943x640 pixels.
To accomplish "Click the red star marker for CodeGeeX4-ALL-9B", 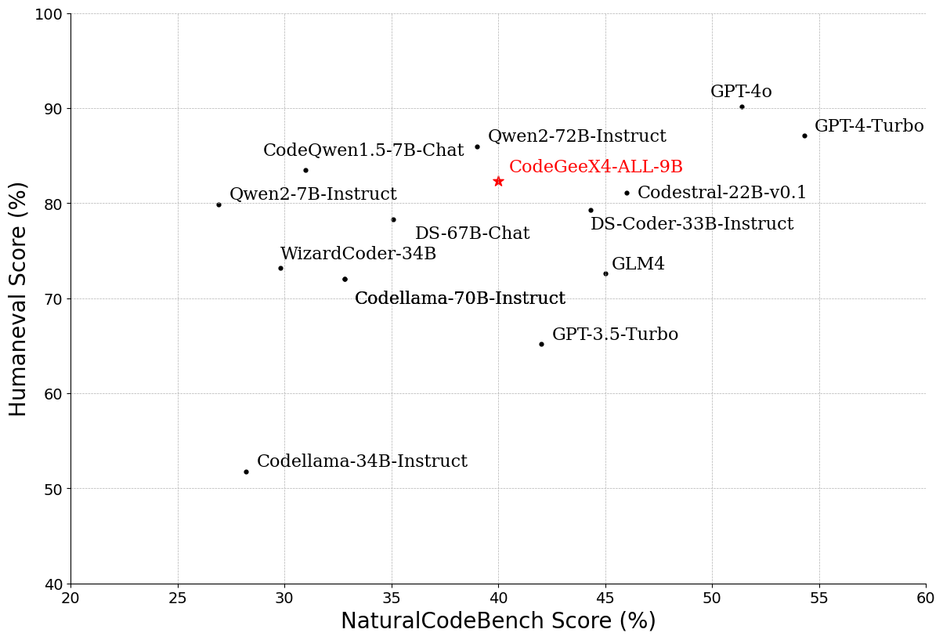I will click(x=498, y=182).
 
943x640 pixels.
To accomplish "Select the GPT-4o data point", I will click(x=742, y=107).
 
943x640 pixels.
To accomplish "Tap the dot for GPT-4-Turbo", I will click(x=804, y=136).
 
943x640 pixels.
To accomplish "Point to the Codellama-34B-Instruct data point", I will click(x=246, y=472).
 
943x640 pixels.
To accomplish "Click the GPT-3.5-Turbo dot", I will click(x=541, y=344).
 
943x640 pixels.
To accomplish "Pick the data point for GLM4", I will click(x=605, y=273).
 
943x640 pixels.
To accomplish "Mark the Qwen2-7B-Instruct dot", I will click(x=219, y=204).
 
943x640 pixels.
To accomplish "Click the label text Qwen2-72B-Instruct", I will click(x=576, y=136).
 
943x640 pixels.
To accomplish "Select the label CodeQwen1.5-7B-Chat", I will click(x=363, y=150).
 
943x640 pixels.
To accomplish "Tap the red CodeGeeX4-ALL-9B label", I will click(x=595, y=167).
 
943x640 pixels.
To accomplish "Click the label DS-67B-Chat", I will click(x=472, y=233).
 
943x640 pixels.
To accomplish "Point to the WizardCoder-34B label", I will click(x=358, y=254).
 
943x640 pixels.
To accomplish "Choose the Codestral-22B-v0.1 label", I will click(x=721, y=193).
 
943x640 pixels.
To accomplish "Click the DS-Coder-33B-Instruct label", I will click(x=692, y=224).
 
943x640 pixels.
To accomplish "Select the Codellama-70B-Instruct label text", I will click(x=460, y=298).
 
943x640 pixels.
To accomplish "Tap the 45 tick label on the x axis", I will click(x=605, y=598).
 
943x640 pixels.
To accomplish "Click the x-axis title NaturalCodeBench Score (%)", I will click(x=498, y=621).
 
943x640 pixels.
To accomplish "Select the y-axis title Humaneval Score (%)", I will click(x=19, y=298).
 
